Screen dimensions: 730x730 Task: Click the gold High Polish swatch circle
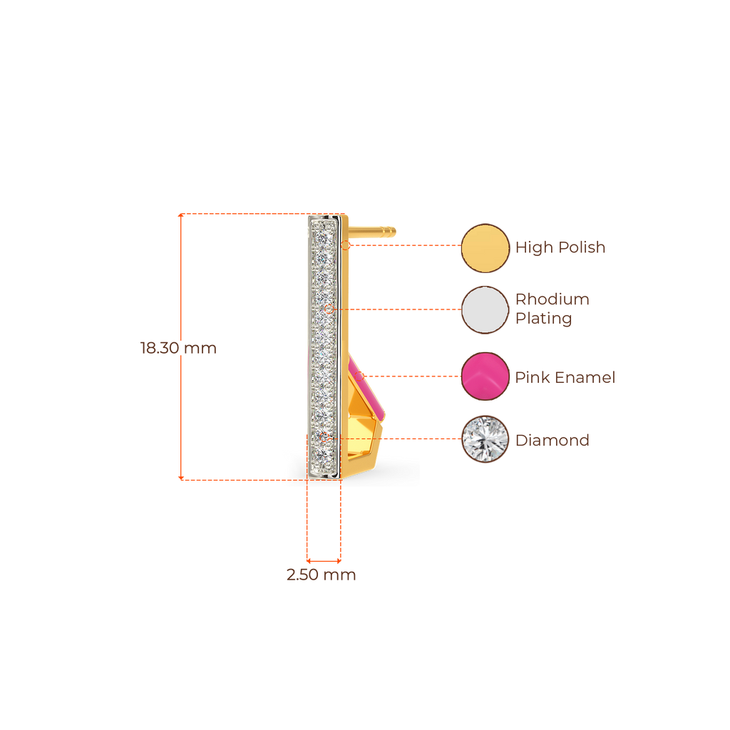tap(485, 248)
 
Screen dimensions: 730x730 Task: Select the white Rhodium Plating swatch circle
tap(485, 309)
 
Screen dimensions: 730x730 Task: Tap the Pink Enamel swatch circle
tap(485, 376)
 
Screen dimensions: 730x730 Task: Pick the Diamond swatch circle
tap(485, 439)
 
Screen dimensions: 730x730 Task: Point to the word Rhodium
tap(552, 299)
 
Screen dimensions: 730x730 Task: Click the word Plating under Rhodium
tap(544, 319)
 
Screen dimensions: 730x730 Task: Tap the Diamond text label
tap(552, 441)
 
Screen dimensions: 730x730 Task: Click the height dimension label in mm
tap(178, 349)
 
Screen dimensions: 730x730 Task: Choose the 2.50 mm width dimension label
tap(321, 575)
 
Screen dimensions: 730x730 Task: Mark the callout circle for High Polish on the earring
tap(346, 245)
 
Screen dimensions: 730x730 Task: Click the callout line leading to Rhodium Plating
tap(399, 309)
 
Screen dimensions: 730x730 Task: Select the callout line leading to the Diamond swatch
tap(421, 439)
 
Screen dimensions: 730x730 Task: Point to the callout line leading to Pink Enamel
tap(413, 376)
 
